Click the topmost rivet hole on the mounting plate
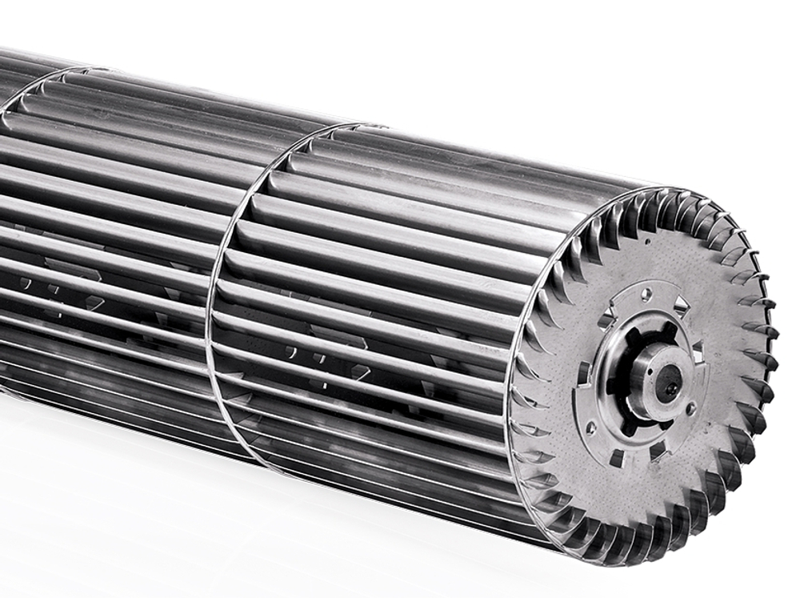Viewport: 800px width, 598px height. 646,294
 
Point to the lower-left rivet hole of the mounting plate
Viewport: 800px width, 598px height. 590,429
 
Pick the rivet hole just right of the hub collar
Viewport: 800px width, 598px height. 690,408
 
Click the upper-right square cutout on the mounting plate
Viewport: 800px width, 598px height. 681,305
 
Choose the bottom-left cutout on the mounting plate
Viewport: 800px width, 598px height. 617,458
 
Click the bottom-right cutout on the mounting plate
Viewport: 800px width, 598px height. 658,450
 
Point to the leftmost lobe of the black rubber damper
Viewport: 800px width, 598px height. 610,383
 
